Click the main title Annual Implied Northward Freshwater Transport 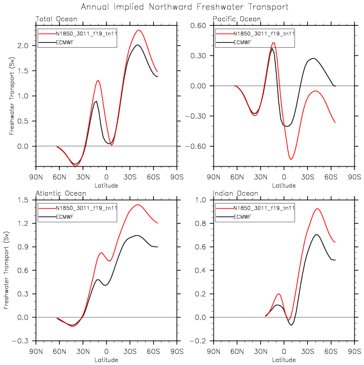[185, 7]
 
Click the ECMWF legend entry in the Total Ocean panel [65, 41]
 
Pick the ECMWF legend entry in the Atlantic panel [65, 216]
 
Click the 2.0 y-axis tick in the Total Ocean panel [26, 45]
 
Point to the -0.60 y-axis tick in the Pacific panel [201, 146]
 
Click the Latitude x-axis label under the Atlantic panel [107, 357]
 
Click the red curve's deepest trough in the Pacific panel [291, 159]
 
